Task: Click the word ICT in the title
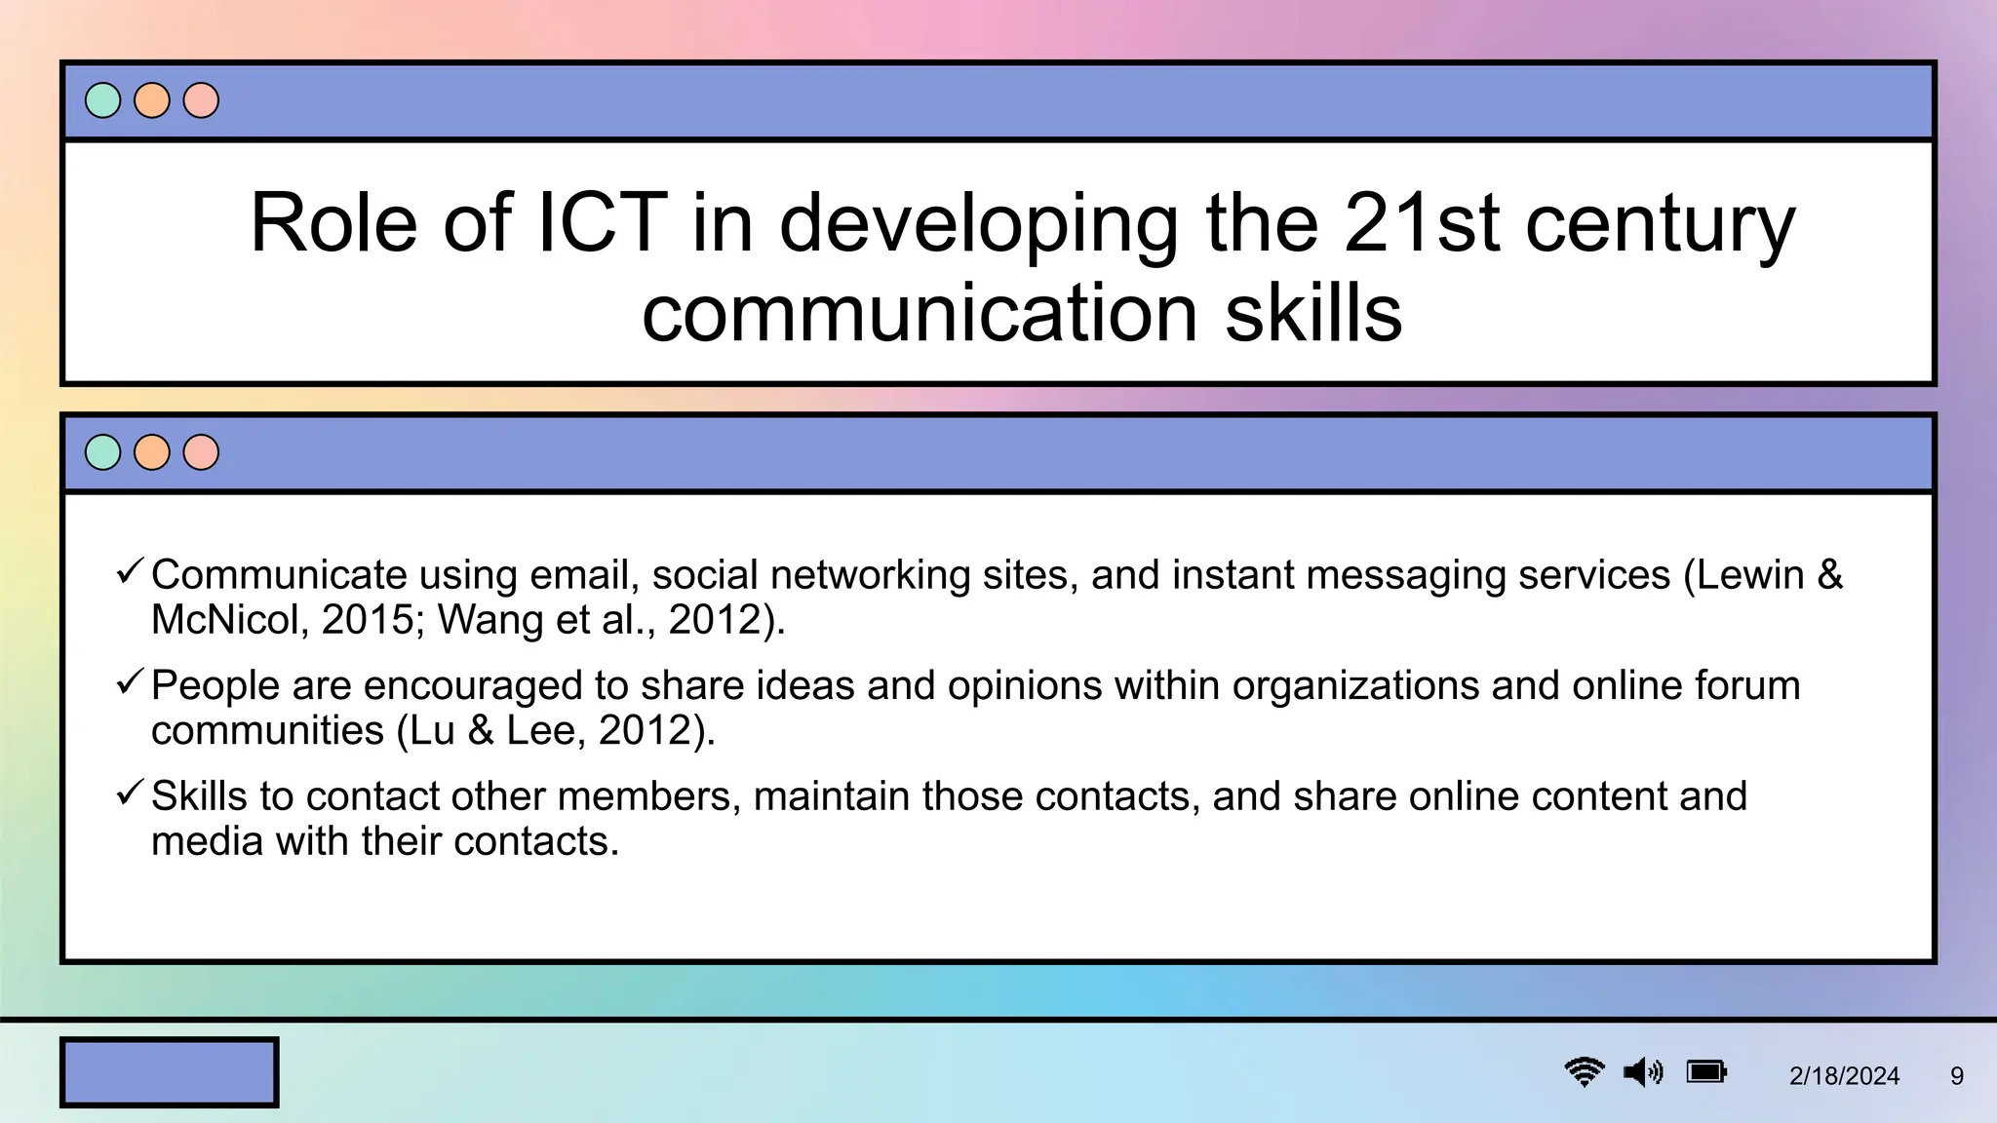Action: pos(603,223)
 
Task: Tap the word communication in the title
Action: pos(919,313)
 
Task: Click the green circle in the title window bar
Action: pos(103,100)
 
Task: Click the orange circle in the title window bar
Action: pos(152,100)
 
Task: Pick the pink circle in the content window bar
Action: pos(201,452)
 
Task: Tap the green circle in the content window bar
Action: pos(103,452)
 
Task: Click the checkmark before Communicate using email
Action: pos(130,571)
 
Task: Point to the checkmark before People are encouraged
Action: pos(130,682)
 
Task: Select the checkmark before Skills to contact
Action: pos(130,793)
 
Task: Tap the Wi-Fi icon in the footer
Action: pos(1585,1072)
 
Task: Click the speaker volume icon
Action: pos(1643,1072)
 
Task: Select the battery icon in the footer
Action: pos(1706,1072)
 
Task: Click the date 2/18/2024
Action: pos(1844,1076)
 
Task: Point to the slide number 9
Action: pos(1956,1076)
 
